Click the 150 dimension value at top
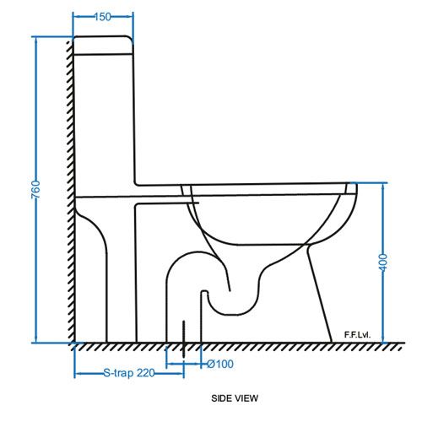(x=103, y=15)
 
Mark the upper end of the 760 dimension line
(x=38, y=38)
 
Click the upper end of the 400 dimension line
(x=385, y=183)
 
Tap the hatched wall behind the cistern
(x=68, y=127)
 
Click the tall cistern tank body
(x=105, y=118)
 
